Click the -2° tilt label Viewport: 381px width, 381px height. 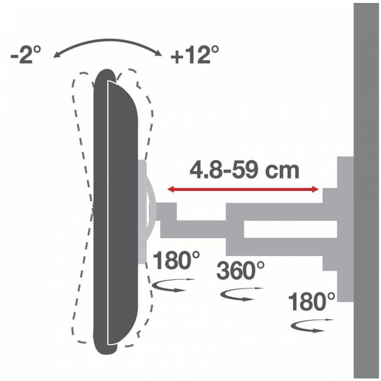pyautogui.click(x=26, y=55)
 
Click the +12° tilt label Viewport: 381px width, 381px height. pyautogui.click(x=195, y=55)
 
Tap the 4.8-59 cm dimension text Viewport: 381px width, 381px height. pyautogui.click(x=244, y=170)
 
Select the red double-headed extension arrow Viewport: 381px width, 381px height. pyautogui.click(x=243, y=189)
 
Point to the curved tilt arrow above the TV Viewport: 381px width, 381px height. pyautogui.click(x=107, y=40)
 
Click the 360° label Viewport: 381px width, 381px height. pyautogui.click(x=240, y=270)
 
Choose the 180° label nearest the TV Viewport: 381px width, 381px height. pyautogui.click(x=176, y=260)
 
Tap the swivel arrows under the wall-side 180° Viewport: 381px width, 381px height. pyautogui.click(x=312, y=325)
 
